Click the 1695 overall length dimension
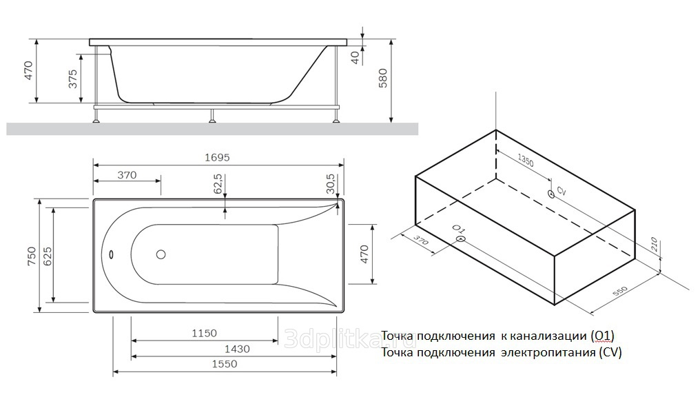(x=217, y=158)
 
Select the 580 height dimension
(x=383, y=78)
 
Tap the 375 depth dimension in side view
(x=73, y=79)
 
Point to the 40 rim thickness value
(x=356, y=58)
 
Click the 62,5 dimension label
(x=218, y=184)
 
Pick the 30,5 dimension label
(x=330, y=184)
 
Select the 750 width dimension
(x=31, y=256)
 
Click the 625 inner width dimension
(x=48, y=256)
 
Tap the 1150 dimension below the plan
(x=204, y=333)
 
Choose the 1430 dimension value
(x=237, y=349)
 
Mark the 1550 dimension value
(x=224, y=364)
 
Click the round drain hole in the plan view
(x=161, y=254)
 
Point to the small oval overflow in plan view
(x=111, y=254)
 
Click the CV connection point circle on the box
(x=551, y=194)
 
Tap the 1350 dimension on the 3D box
(x=526, y=161)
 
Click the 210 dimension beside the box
(x=654, y=244)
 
